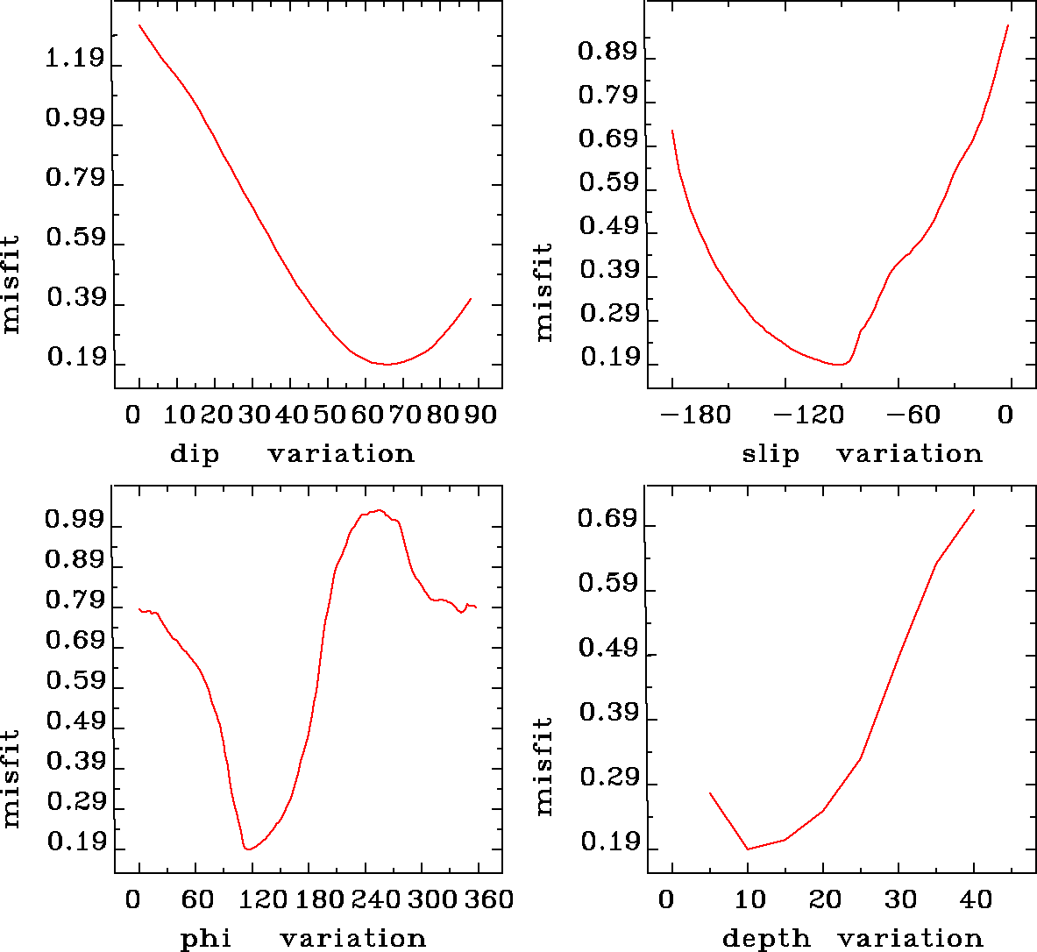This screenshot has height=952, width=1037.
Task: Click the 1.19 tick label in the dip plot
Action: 75,60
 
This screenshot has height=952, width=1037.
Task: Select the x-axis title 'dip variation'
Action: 291,454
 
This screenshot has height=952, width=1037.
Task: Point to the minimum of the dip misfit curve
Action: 386,364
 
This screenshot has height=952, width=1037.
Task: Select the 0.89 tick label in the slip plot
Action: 607,52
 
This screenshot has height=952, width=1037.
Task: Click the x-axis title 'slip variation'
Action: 862,454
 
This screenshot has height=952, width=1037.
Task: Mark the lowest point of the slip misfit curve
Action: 840,364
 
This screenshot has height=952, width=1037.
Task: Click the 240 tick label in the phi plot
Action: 376,899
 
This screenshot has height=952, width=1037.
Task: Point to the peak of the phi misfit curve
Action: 378,510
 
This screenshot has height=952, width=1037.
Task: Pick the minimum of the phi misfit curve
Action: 249,849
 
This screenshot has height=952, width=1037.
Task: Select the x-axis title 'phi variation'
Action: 302,939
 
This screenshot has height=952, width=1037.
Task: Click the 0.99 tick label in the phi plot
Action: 75,522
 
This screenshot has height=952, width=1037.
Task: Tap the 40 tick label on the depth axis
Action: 976,899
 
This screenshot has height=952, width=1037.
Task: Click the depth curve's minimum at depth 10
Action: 748,849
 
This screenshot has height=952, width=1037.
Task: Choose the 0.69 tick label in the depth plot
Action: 607,521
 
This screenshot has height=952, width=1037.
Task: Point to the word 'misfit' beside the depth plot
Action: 544,766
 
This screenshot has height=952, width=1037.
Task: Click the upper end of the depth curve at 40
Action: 974,510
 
